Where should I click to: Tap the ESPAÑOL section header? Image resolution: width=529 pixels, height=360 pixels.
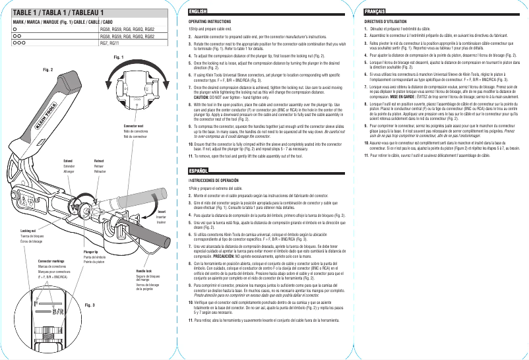(198, 171)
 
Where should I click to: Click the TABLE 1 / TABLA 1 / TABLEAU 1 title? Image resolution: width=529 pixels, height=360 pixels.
(55, 13)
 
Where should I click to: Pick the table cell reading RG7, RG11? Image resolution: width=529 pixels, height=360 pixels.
(109, 43)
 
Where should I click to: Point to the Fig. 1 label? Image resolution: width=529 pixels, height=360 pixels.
(119, 57)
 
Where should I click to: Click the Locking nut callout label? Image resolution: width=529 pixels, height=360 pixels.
(20, 231)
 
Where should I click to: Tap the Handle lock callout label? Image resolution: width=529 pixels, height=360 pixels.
(144, 271)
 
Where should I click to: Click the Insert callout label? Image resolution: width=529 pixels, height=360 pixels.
(160, 212)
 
